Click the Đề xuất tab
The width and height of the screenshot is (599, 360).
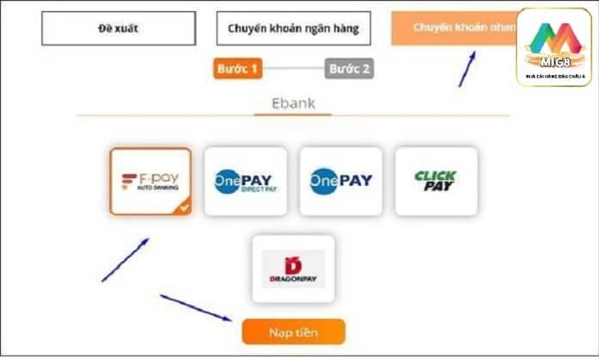coord(119,28)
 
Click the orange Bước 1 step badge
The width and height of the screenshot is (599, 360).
coord(237,69)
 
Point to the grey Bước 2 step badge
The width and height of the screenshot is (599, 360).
coord(349,69)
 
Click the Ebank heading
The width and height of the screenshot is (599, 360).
coord(293,103)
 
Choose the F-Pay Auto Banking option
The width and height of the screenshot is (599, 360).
coord(150,181)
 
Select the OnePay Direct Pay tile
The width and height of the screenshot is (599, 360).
coord(245,181)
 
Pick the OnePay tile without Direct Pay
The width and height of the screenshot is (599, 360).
coord(341,181)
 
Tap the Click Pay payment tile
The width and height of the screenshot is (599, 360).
coord(435,181)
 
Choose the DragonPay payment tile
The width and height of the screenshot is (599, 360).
coord(293,268)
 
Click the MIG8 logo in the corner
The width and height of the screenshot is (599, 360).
coord(554,47)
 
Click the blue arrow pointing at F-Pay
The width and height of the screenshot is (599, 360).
coord(125,260)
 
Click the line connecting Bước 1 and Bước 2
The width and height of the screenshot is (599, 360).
coord(293,69)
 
